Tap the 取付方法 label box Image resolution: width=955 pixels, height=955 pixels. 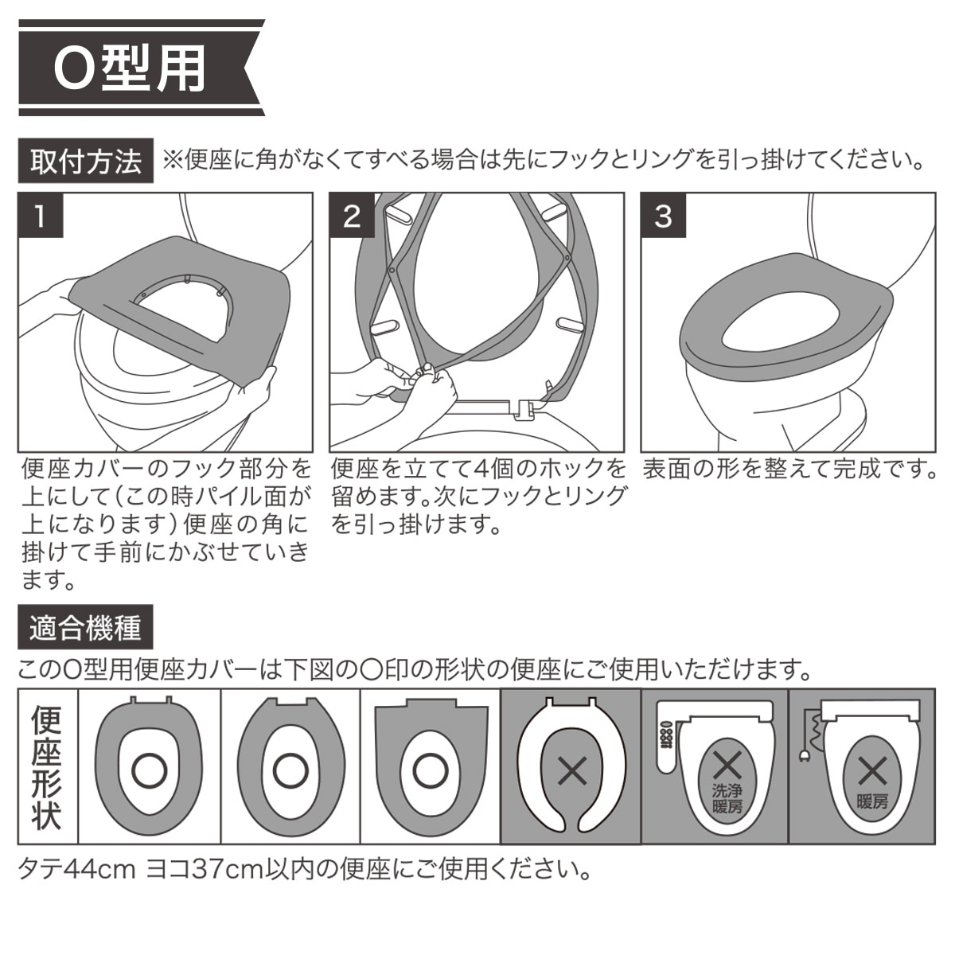86,161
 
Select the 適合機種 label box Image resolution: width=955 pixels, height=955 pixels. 85,627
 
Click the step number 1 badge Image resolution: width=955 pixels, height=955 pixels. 41,216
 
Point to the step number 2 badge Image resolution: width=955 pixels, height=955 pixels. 352,216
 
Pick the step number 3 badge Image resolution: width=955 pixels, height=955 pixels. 663,216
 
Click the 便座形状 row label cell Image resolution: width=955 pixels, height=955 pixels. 48,766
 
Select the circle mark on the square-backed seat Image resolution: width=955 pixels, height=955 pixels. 431,772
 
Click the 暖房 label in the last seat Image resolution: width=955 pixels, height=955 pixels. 873,801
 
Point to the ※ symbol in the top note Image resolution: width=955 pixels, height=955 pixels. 173,161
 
